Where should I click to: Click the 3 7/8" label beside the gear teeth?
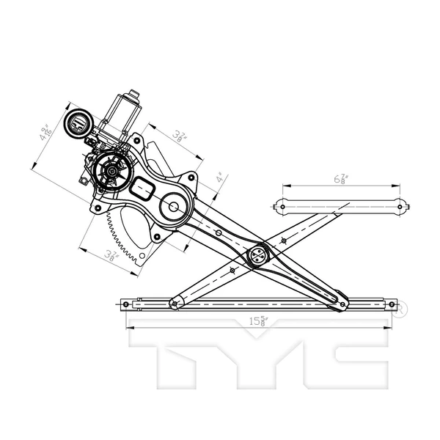click(111, 256)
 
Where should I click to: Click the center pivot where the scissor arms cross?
click(259, 255)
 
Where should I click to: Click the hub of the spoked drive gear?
click(110, 172)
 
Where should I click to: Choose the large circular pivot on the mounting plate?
click(175, 206)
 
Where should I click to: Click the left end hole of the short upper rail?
click(283, 207)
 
